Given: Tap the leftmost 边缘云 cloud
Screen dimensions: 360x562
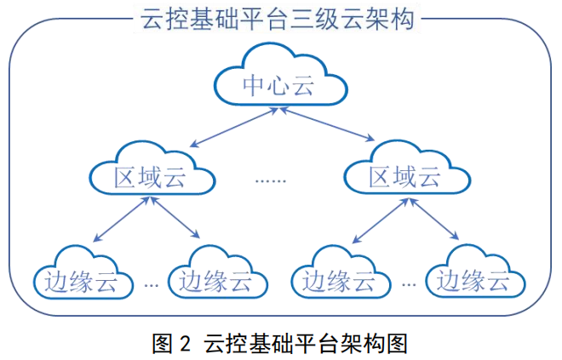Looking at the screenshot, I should coord(83,277).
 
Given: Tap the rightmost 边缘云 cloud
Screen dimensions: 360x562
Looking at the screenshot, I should coord(474,277).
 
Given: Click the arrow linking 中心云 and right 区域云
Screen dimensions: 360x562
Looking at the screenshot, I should coord(326,126).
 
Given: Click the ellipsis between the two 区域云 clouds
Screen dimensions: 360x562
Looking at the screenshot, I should coord(272,180).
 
